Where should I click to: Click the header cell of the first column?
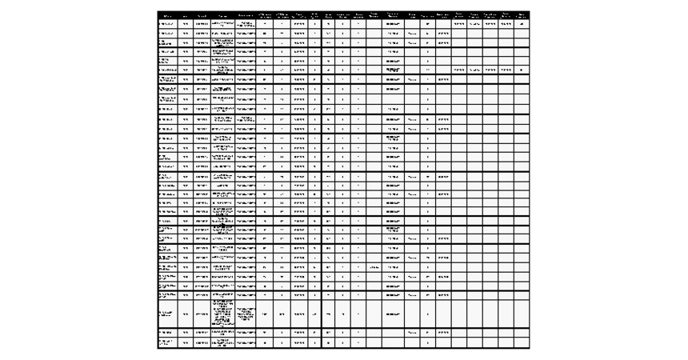[167, 15]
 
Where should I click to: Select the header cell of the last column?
[522, 15]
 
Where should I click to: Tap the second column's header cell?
[186, 15]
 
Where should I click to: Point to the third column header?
[202, 15]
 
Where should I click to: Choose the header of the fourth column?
[223, 15]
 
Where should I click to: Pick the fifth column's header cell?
[246, 15]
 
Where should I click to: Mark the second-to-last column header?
[506, 15]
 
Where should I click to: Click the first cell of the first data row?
[167, 24]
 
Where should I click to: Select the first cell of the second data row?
[167, 34]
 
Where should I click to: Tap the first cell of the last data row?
[167, 342]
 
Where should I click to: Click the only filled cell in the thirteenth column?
[374, 267]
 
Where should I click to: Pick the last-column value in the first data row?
[522, 24]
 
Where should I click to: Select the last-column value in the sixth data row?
[522, 70]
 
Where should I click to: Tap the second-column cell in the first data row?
[186, 24]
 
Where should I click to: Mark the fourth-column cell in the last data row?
[223, 342]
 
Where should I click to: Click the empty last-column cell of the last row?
[522, 342]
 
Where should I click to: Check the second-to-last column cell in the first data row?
[506, 24]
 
